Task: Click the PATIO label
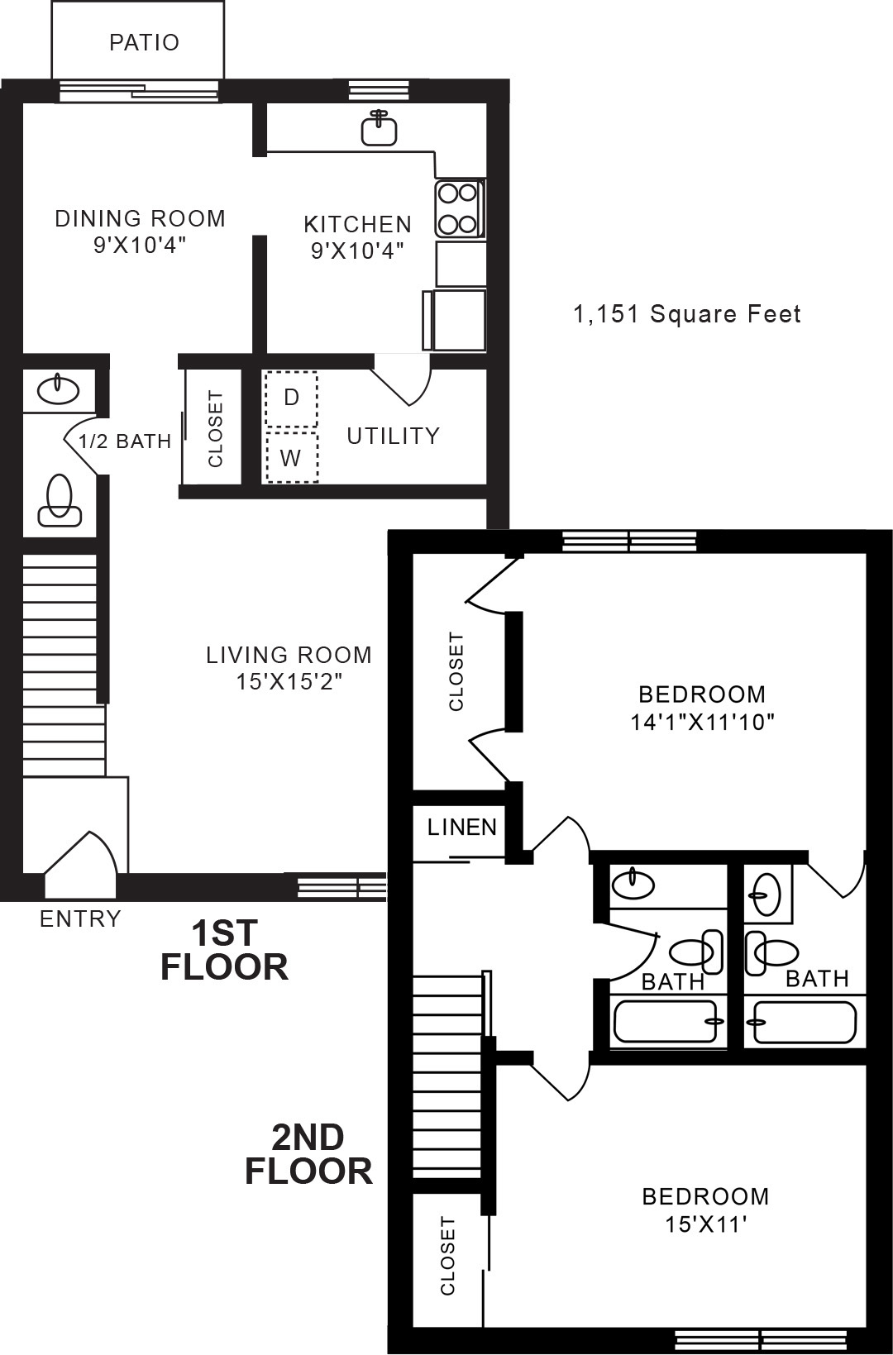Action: (144, 43)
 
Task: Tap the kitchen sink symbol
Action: (380, 128)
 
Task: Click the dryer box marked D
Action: (291, 398)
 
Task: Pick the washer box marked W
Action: (292, 457)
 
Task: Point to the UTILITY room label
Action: (394, 437)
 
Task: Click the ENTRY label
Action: (80, 918)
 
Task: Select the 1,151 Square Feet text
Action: (686, 314)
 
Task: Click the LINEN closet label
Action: (461, 827)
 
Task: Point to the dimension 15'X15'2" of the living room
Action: (289, 682)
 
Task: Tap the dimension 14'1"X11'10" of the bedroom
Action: (703, 722)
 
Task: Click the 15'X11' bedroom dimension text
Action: (705, 1224)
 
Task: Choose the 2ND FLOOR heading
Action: (308, 1154)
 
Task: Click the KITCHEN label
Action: (357, 224)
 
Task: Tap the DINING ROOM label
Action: (141, 218)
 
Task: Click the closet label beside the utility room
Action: (215, 428)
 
